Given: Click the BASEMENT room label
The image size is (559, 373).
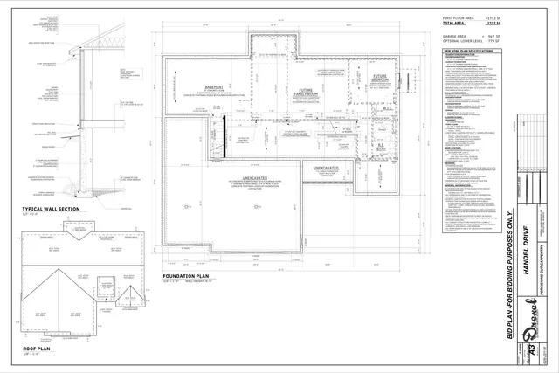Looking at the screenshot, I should click(x=215, y=88).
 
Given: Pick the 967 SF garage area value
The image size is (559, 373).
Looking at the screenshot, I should click(x=502, y=36).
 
